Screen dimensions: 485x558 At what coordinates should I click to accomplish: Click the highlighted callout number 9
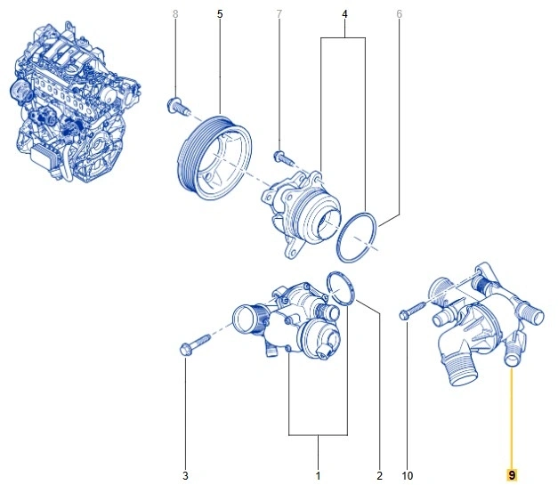click(x=511, y=475)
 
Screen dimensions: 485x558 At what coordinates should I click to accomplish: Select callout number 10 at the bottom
click(x=408, y=475)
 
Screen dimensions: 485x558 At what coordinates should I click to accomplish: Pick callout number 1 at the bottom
click(x=318, y=475)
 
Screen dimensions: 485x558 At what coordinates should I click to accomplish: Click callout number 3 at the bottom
click(x=186, y=475)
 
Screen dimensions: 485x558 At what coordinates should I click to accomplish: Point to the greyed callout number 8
click(x=174, y=14)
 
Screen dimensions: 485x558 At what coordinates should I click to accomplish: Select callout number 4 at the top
click(x=343, y=14)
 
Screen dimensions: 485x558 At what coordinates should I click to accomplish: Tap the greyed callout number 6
click(x=399, y=14)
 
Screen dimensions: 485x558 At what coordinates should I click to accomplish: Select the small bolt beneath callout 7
click(x=283, y=158)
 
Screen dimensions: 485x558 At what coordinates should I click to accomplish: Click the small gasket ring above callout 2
click(x=340, y=286)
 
